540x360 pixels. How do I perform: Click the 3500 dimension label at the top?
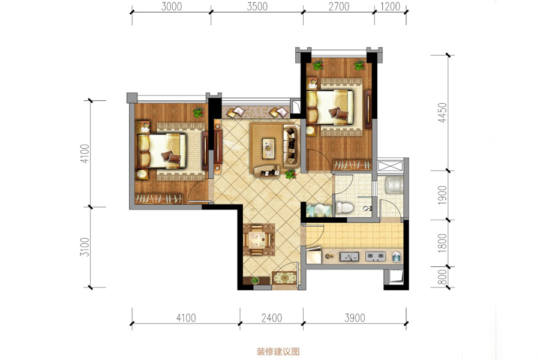pos(257,7)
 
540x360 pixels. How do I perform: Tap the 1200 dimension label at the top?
pos(390,7)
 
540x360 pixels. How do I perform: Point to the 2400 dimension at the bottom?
pos(272,317)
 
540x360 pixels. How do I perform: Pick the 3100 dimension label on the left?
pos(85,247)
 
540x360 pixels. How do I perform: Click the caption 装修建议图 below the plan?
pos(278,352)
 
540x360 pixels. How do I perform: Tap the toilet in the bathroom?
pos(344,208)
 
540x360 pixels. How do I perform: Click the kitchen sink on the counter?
pos(349,257)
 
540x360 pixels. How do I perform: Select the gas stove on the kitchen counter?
pos(375,256)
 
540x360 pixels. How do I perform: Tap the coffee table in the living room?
pos(268,148)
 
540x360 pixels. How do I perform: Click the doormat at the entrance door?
pos(284,278)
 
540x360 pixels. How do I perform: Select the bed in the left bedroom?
pos(161,151)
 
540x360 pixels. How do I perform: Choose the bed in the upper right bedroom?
pos(330,107)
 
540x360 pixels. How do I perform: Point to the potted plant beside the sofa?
pos(290,173)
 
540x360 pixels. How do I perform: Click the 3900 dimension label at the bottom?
pos(355,317)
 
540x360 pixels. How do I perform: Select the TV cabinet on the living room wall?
pos(218,148)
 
